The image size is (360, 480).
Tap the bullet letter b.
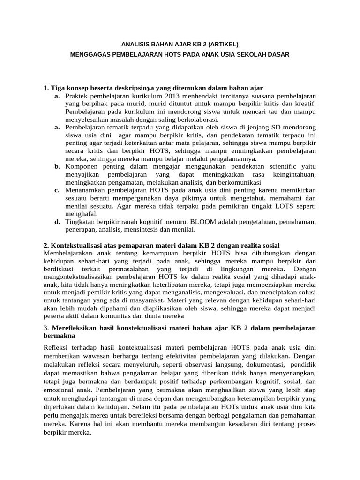click(x=57, y=167)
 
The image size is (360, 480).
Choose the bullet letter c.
click(x=57, y=190)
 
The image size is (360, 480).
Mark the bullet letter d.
click(x=57, y=222)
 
